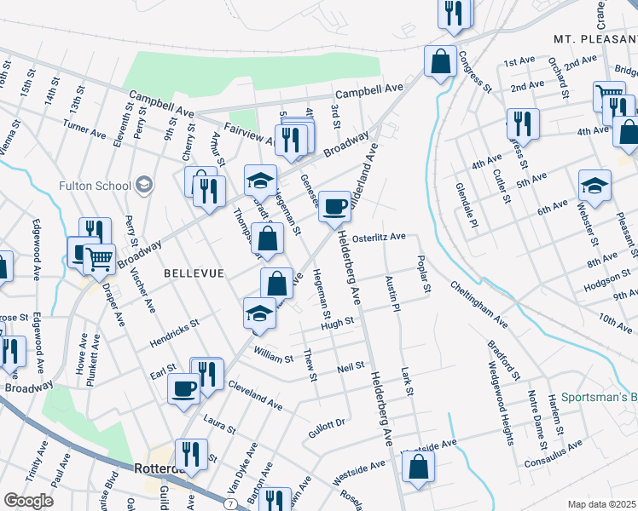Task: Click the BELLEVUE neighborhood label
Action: pos(194,273)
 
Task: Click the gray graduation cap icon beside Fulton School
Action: pos(144,185)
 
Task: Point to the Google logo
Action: pos(28,500)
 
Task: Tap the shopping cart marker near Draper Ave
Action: pos(101,257)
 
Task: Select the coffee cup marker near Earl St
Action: pos(184,388)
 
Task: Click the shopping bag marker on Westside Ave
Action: pos(418,467)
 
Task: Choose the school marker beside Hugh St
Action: pos(259,313)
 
